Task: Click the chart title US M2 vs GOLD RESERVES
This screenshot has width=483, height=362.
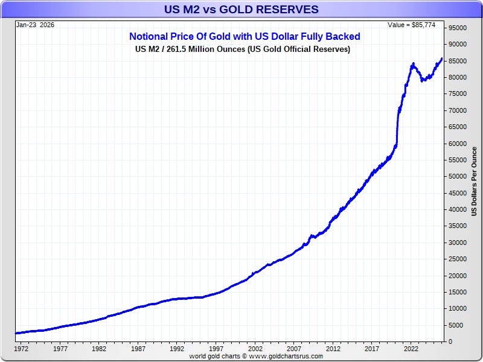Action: click(x=241, y=10)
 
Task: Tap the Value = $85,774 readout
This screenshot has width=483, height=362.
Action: click(x=415, y=25)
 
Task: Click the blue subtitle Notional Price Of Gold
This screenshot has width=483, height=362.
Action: click(x=245, y=37)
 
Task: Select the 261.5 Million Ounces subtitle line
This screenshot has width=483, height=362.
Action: click(x=243, y=49)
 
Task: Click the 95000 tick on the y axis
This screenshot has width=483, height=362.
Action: click(x=458, y=28)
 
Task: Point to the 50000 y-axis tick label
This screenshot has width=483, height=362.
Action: click(x=458, y=177)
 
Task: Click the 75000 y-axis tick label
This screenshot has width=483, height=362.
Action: click(x=458, y=94)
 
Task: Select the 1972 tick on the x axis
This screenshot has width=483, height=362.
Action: click(x=21, y=349)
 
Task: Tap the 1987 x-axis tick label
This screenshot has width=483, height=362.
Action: click(x=138, y=349)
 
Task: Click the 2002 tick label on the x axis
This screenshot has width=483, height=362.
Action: click(x=255, y=349)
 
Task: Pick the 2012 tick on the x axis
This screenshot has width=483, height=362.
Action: click(x=333, y=349)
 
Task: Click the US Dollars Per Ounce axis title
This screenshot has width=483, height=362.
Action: click(x=474, y=181)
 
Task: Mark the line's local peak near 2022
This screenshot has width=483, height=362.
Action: click(x=413, y=63)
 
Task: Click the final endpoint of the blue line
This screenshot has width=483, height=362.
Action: click(x=442, y=59)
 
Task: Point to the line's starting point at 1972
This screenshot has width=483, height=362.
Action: click(x=16, y=333)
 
